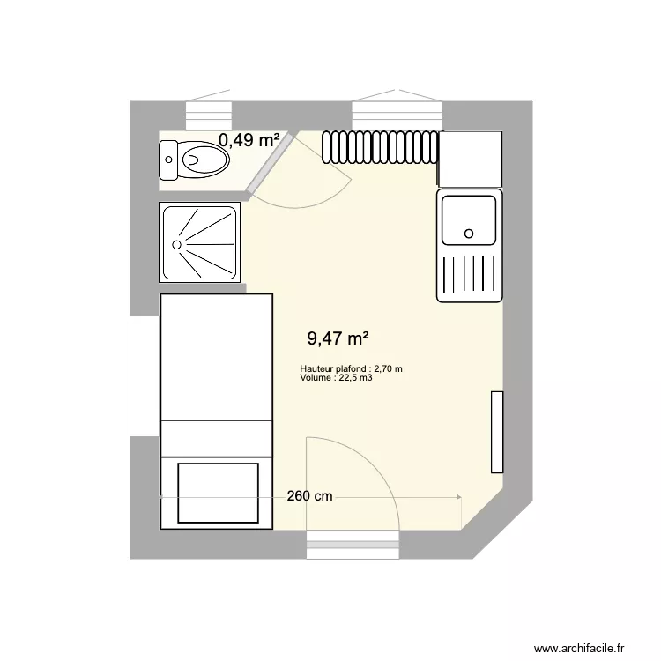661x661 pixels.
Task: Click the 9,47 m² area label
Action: tap(338, 338)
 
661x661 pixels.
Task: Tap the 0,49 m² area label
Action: tap(249, 139)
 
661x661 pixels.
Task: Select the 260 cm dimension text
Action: tap(310, 496)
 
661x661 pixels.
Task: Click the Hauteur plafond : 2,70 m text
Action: tap(351, 369)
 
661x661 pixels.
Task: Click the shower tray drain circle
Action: tap(178, 244)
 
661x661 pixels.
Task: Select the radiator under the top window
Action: tap(381, 148)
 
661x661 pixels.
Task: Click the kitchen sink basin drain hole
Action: tap(470, 234)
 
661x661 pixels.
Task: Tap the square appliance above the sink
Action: tap(471, 159)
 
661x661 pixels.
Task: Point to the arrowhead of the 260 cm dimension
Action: tap(458, 498)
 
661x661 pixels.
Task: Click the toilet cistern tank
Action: tap(168, 160)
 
